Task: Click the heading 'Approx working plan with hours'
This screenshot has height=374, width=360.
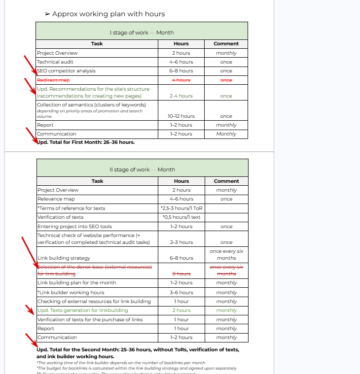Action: (108, 14)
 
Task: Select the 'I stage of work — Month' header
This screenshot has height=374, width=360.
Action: (142, 33)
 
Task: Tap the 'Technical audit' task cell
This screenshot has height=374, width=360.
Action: (55, 62)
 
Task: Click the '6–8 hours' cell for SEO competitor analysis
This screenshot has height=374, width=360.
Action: (181, 71)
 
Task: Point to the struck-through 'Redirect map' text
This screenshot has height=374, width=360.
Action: (53, 80)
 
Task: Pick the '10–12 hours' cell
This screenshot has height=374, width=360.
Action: (181, 116)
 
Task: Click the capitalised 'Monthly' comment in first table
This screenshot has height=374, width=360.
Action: (226, 134)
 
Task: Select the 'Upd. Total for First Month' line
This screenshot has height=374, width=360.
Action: (86, 142)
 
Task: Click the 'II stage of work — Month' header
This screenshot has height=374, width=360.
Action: (142, 170)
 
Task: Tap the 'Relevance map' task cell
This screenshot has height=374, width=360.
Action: (56, 199)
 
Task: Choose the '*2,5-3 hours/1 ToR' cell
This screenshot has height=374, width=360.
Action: (181, 208)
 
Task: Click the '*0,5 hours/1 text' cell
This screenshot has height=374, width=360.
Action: (181, 217)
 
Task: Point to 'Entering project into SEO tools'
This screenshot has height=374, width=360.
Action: (75, 227)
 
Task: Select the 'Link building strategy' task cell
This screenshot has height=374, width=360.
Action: (64, 258)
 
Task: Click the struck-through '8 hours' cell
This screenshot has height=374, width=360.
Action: (181, 273)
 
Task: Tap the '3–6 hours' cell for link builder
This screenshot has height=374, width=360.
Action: (181, 292)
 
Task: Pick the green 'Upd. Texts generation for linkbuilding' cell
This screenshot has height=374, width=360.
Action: (83, 310)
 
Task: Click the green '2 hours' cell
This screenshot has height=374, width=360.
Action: (181, 310)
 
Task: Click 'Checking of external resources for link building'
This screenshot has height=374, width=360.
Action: (94, 301)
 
